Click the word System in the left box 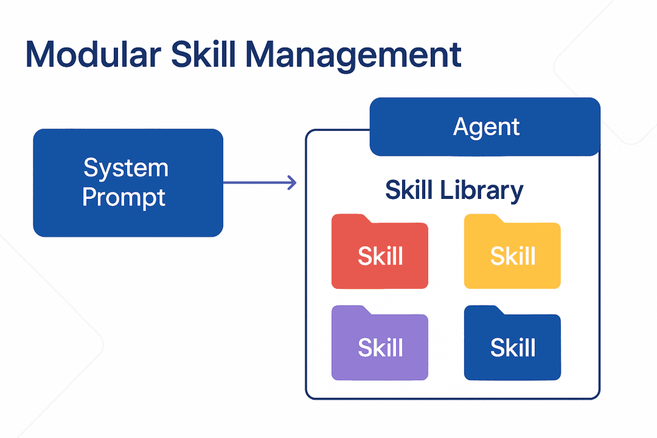[125, 167]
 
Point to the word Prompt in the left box [123, 198]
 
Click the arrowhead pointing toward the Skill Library [293, 182]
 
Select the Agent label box [485, 127]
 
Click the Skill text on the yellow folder [513, 257]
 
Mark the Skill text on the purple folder [380, 348]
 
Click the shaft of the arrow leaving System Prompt [255, 182]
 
